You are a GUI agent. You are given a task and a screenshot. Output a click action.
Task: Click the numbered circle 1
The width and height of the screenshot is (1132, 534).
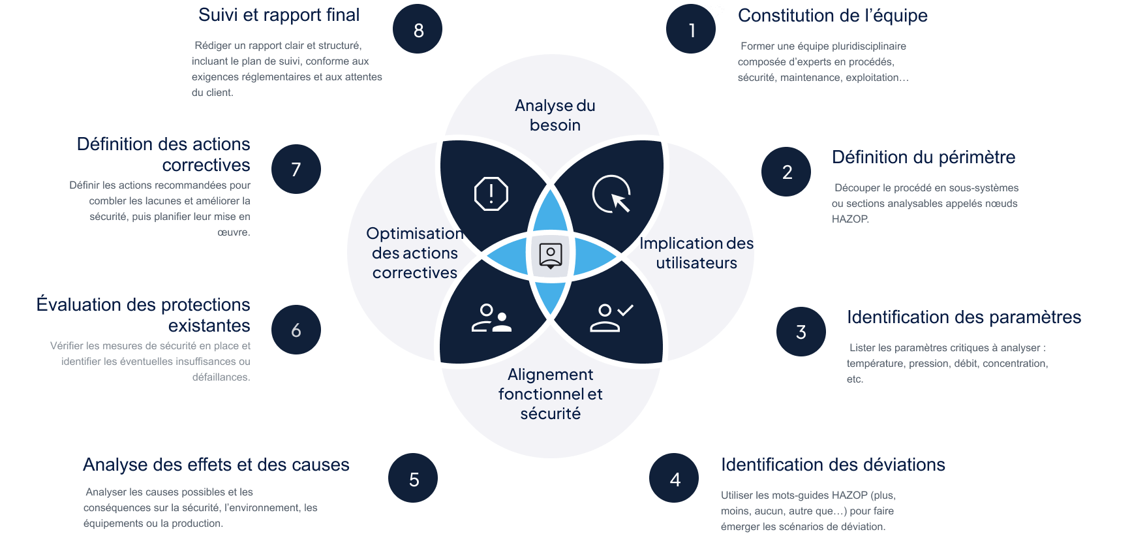coord(691,29)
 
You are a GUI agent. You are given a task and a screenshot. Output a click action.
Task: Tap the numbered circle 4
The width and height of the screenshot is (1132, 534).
coord(674,479)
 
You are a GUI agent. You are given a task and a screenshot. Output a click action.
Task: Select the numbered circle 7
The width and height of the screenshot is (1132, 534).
coord(296,170)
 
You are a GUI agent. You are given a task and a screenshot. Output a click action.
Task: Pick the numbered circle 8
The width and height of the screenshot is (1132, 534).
coord(418,29)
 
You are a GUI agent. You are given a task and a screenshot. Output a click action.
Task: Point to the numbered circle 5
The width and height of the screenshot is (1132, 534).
coord(413,479)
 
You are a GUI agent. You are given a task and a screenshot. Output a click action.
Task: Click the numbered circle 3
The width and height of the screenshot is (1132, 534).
coord(801,332)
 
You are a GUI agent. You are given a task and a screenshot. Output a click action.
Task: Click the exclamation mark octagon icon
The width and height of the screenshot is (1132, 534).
coord(491,194)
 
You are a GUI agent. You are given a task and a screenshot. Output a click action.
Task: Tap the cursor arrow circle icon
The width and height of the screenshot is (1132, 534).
coord(612,194)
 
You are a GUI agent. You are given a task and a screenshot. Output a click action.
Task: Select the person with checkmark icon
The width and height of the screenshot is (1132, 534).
coord(611,318)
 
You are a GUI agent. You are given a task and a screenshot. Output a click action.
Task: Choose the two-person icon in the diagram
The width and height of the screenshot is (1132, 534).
coord(491,318)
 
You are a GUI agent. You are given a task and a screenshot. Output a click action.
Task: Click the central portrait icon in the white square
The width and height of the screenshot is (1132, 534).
coord(551,255)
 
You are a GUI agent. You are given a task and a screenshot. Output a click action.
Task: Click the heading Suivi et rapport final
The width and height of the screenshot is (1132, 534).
coord(279,15)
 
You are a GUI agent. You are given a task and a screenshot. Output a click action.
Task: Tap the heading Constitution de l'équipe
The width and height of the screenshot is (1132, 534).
coord(833,16)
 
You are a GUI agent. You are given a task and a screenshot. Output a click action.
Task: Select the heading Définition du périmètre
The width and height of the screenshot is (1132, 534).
coord(923,157)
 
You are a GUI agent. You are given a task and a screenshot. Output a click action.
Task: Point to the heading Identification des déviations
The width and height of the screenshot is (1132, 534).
coord(833,465)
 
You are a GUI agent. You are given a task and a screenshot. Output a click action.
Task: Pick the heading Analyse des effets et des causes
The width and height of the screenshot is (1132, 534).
coord(216,465)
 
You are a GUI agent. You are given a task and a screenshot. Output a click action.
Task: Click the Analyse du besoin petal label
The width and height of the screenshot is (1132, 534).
coord(555,115)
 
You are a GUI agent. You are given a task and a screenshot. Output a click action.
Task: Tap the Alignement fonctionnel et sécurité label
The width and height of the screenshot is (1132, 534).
coord(550,394)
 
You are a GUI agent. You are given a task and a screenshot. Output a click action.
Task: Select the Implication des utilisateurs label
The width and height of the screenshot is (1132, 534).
coord(696,253)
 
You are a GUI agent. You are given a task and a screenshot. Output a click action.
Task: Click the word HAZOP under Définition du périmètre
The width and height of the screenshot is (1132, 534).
coord(850,219)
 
